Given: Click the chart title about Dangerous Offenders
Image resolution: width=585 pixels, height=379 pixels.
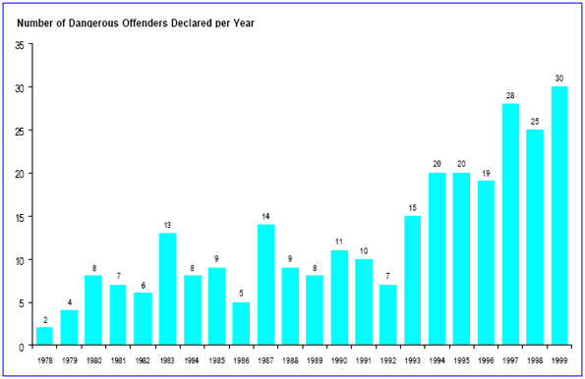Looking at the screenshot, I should click(x=137, y=23).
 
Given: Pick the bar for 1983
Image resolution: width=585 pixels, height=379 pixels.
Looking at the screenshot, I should click(x=168, y=290).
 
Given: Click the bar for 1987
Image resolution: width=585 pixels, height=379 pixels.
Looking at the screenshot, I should click(x=265, y=285).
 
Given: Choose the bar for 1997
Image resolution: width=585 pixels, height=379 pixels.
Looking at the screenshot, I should click(x=509, y=225).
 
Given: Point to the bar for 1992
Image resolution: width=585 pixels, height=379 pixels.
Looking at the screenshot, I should click(x=387, y=315).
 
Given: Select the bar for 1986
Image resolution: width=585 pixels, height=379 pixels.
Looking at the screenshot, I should click(x=241, y=324).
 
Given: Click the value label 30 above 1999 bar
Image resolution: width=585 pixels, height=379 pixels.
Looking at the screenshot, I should click(x=558, y=79).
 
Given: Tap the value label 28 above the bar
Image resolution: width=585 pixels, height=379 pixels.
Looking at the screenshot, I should click(x=509, y=95).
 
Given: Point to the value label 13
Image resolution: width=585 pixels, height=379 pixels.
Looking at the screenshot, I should click(x=168, y=225).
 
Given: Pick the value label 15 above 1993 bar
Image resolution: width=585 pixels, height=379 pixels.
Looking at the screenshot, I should click(x=412, y=207).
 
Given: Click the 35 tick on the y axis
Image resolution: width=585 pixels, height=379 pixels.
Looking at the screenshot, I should click(x=20, y=45).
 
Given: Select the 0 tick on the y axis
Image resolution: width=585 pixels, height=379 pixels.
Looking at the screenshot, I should click(x=22, y=347).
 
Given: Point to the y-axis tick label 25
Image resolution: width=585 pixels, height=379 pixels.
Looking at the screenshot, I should click(x=20, y=131).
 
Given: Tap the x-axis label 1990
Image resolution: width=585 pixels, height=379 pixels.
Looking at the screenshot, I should click(x=338, y=360).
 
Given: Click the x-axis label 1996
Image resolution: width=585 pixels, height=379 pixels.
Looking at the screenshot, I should click(x=485, y=360).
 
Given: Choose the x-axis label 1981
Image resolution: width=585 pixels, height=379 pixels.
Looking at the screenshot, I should click(x=119, y=360).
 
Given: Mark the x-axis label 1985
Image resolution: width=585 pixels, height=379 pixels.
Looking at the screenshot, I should click(x=216, y=360).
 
